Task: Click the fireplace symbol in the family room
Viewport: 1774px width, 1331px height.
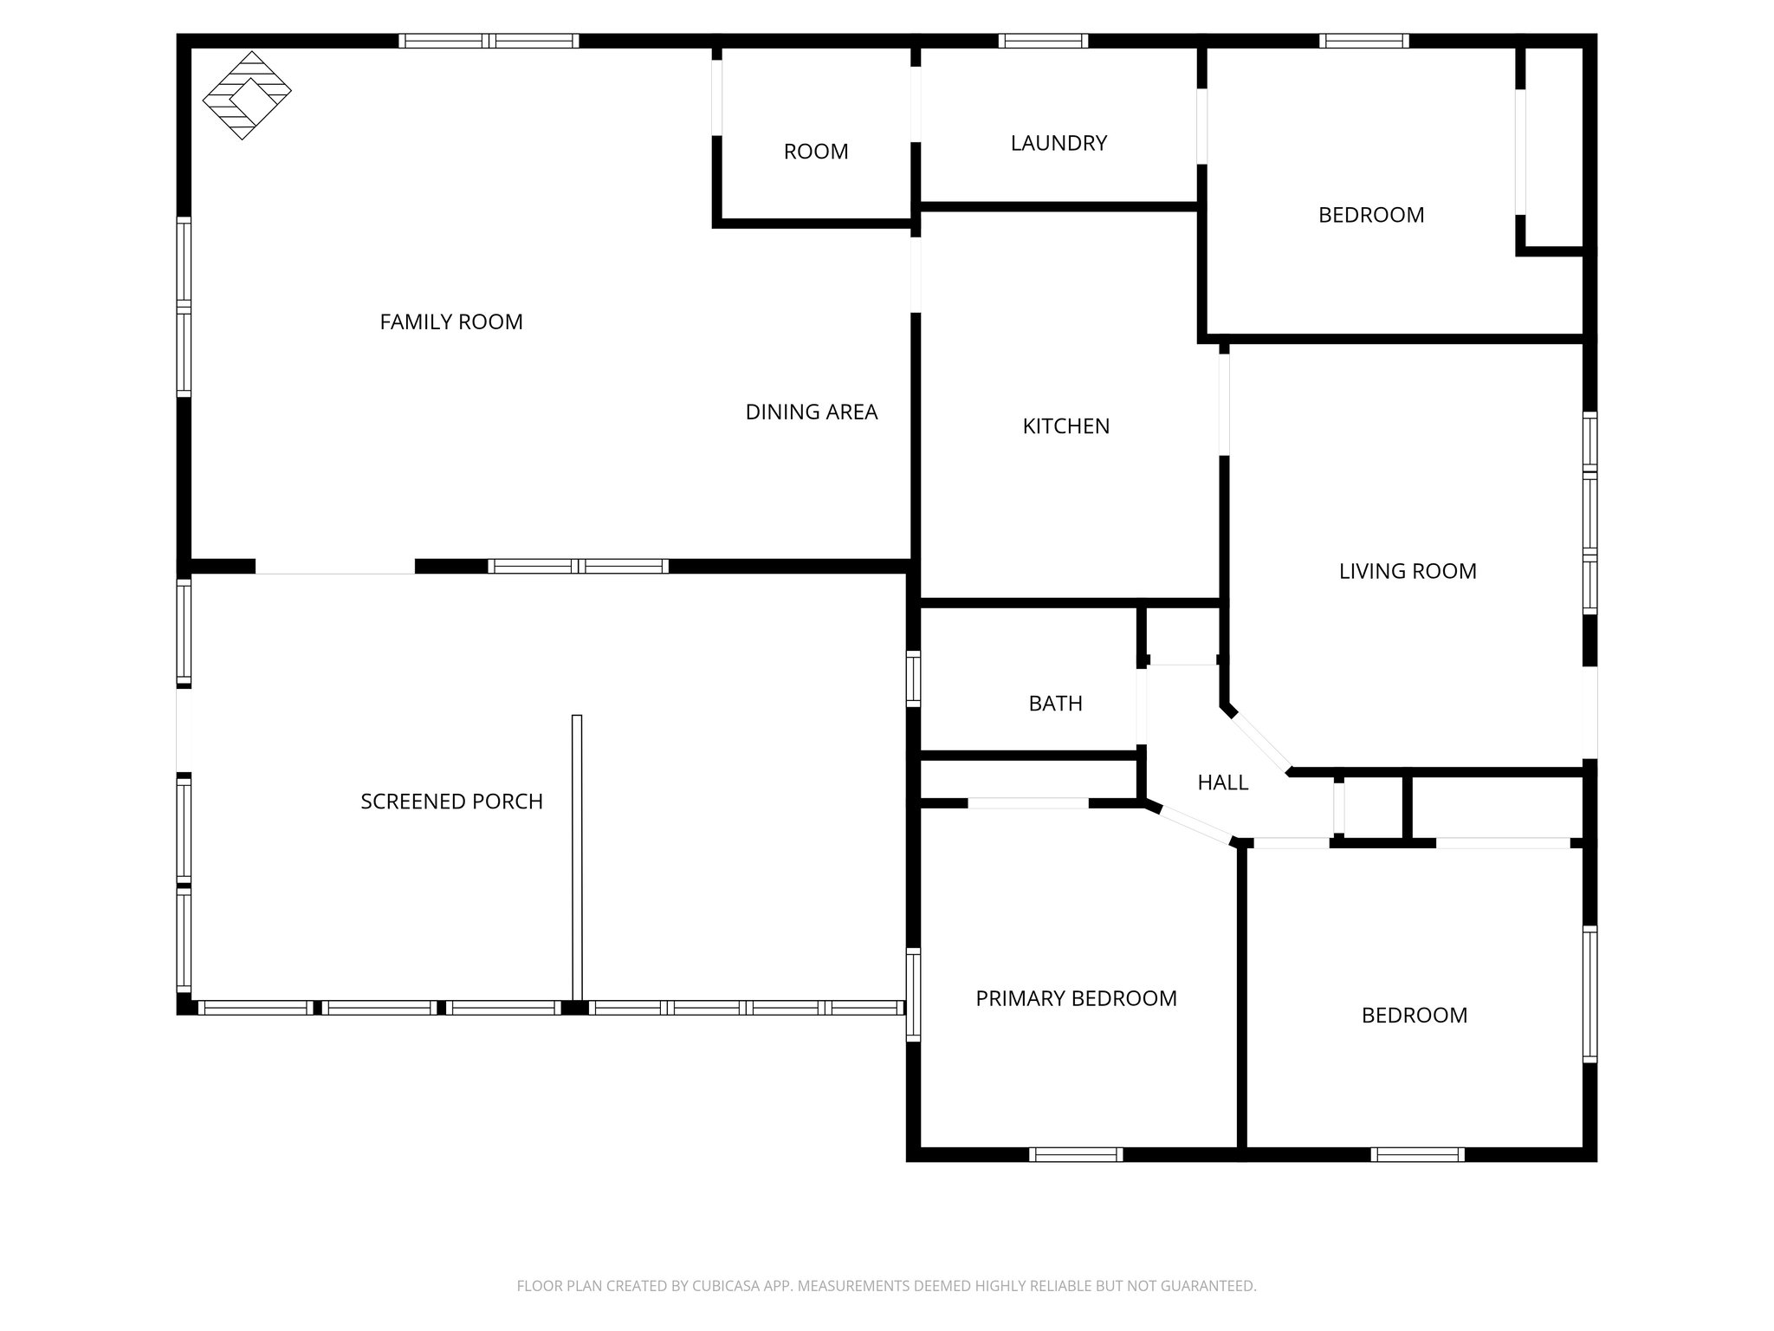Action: (246, 95)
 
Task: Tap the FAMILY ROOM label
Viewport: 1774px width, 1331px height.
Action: (451, 322)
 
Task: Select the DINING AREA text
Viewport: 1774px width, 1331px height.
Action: (812, 412)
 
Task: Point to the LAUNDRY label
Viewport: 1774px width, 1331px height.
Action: (1059, 143)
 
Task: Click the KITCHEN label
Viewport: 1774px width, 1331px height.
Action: (1065, 426)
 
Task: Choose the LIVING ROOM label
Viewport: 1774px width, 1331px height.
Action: (1408, 571)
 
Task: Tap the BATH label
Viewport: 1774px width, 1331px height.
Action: (1055, 704)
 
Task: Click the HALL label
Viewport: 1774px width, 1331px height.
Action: (1222, 783)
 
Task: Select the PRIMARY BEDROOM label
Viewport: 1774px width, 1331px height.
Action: (1076, 999)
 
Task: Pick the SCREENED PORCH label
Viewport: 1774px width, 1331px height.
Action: (451, 802)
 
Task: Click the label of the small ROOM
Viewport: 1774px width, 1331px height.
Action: (815, 152)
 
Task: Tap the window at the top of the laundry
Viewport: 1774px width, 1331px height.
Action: (1043, 41)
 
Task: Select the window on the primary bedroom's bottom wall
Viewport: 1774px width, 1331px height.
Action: (1076, 1154)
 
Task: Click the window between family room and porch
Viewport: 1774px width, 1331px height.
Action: (578, 567)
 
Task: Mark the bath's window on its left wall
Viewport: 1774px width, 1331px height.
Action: (913, 678)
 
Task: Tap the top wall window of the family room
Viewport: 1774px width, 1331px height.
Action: (489, 41)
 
